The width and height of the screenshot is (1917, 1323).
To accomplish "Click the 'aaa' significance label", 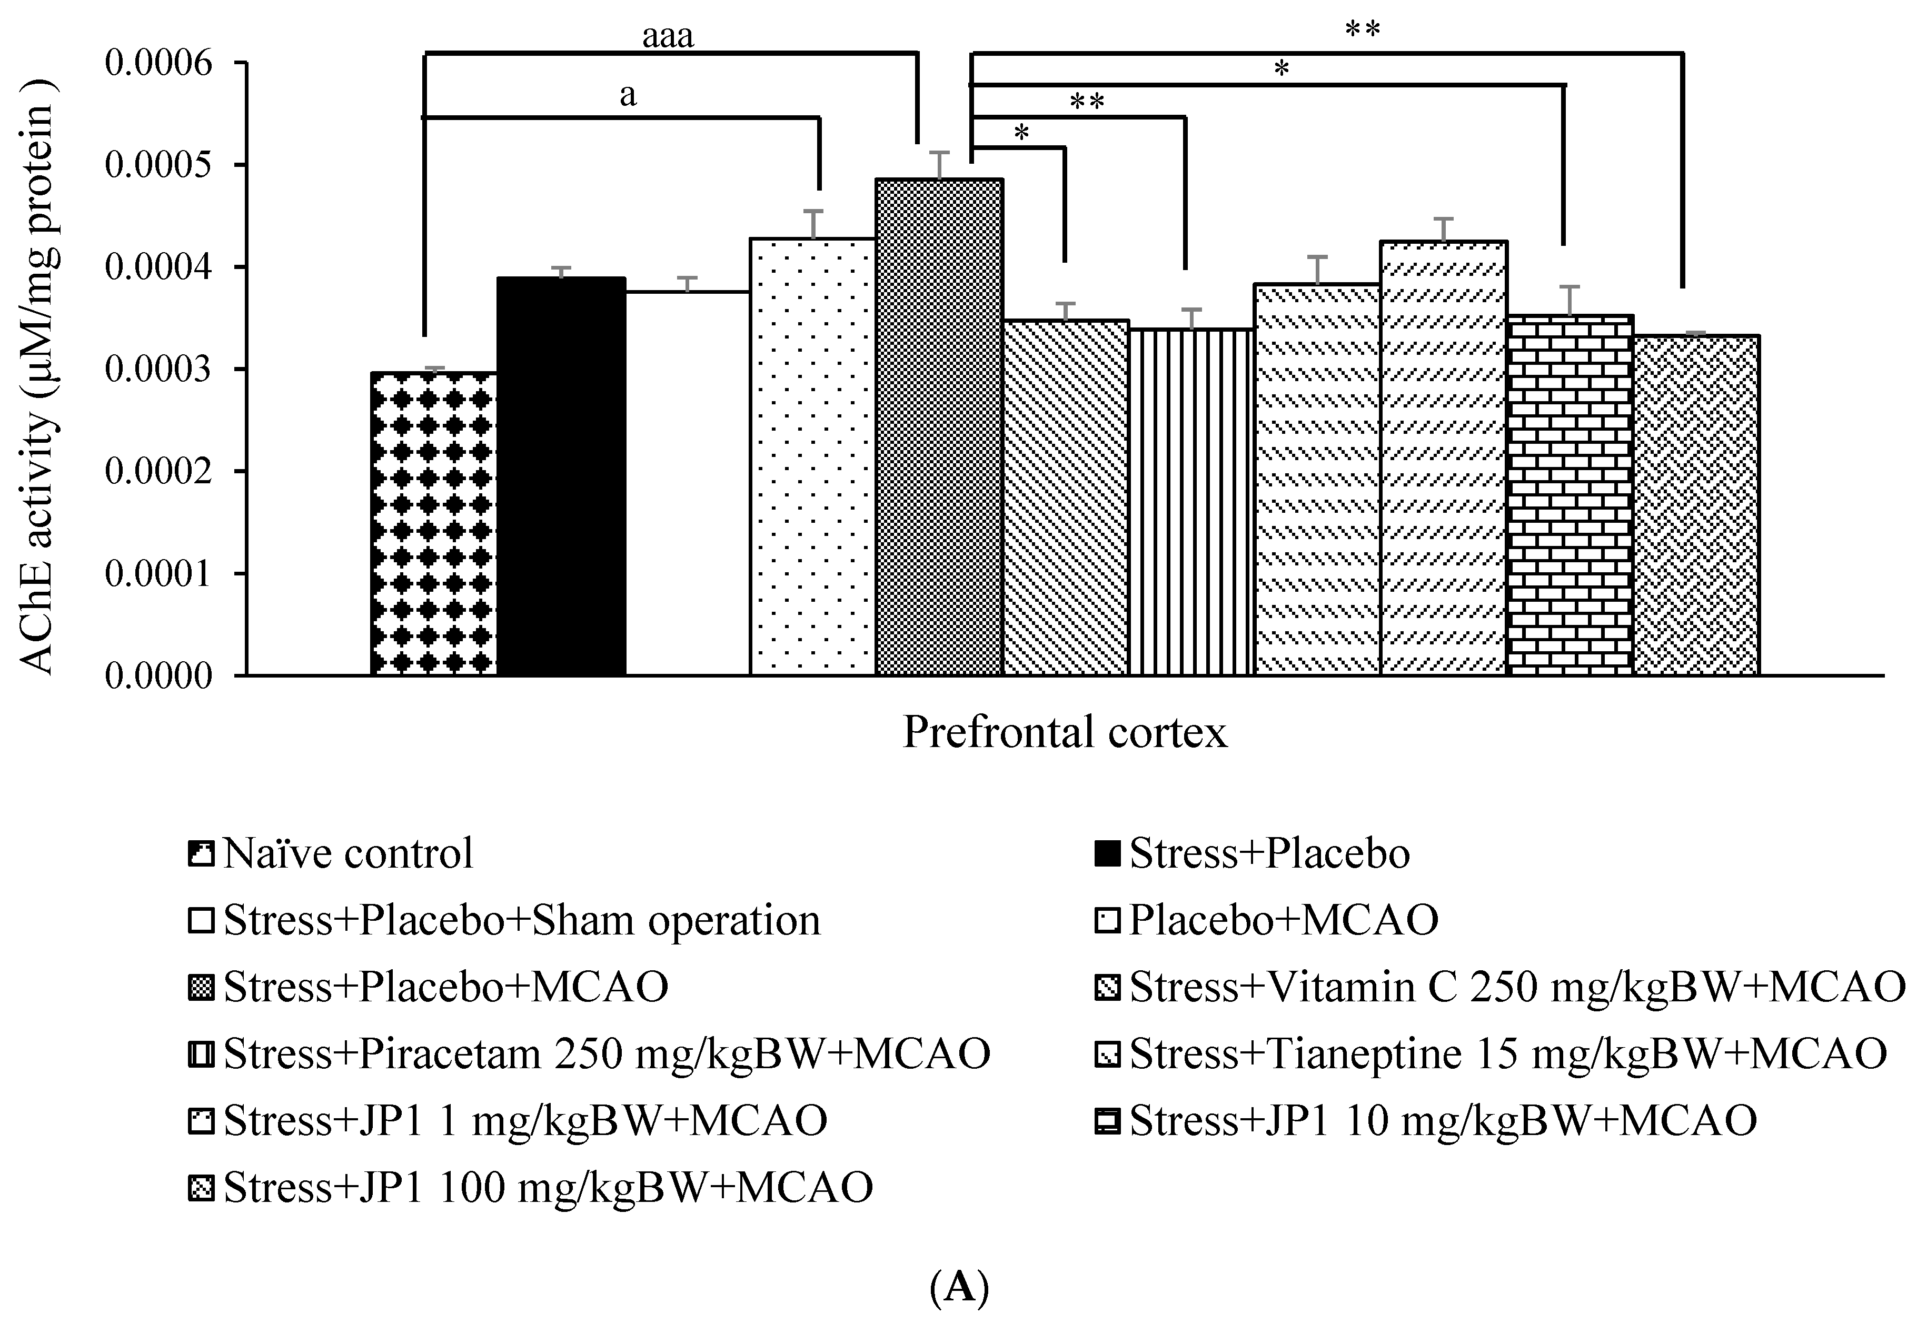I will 668,36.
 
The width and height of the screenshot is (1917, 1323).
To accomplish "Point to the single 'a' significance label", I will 628,95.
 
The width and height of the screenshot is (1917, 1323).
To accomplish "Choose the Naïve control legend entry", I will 332,853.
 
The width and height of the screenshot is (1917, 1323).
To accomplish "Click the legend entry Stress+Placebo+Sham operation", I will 505,920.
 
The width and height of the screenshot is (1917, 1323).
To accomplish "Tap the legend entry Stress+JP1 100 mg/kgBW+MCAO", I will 530,1188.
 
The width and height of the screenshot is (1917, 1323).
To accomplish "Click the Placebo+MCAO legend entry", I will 1268,920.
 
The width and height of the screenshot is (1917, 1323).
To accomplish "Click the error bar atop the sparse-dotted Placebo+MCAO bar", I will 813,224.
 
